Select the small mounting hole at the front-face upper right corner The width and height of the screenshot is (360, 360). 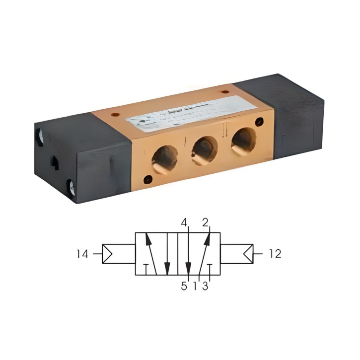point(259,121)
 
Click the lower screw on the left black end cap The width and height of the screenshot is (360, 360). point(72,188)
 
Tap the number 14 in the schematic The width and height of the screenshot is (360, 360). point(82,254)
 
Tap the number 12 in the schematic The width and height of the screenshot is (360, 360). point(275,254)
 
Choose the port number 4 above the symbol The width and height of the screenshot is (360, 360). point(184,223)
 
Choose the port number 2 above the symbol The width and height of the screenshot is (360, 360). point(205,223)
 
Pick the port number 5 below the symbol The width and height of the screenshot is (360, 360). point(184,287)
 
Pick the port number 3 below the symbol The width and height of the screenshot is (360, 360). point(205,287)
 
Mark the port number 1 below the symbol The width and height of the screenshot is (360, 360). point(195,287)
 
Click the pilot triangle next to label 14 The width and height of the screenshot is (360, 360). point(108,254)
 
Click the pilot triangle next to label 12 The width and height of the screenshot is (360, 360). point(248,254)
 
